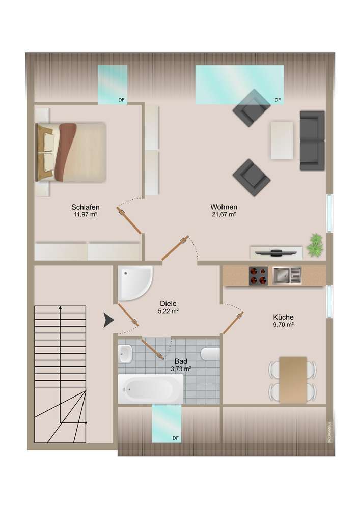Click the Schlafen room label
(86, 207)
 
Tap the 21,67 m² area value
(224, 215)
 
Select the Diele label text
(168, 303)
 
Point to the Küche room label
(284, 317)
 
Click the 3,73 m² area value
(180, 369)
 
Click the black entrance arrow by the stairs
(109, 320)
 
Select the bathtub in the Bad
(151, 388)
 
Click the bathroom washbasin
(125, 354)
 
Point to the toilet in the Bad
(210, 354)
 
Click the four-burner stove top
(258, 275)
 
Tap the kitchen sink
(287, 275)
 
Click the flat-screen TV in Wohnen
(276, 252)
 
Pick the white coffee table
(282, 140)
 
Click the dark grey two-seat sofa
(312, 140)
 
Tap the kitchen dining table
(293, 380)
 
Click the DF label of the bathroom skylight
(175, 438)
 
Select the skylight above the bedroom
(113, 84)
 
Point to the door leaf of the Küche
(233, 322)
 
